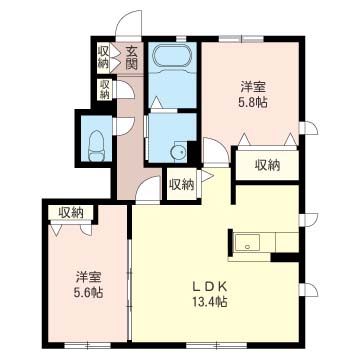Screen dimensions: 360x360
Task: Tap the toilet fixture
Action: (x=96, y=146)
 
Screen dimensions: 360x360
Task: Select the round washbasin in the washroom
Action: (x=178, y=152)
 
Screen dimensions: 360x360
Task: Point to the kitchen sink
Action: (x=247, y=242)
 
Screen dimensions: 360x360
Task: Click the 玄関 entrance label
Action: (x=132, y=57)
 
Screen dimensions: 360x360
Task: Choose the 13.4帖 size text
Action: (x=209, y=302)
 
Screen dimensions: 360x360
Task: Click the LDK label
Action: (x=210, y=286)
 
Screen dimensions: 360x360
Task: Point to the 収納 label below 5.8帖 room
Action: (x=268, y=165)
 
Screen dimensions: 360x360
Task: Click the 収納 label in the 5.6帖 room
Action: (x=71, y=213)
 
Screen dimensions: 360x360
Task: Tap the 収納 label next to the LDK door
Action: (x=182, y=184)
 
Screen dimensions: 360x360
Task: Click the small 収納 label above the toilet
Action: (x=105, y=89)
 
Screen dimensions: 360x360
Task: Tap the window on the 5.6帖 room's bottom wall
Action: (x=87, y=345)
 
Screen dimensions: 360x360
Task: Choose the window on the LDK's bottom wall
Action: (x=216, y=345)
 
